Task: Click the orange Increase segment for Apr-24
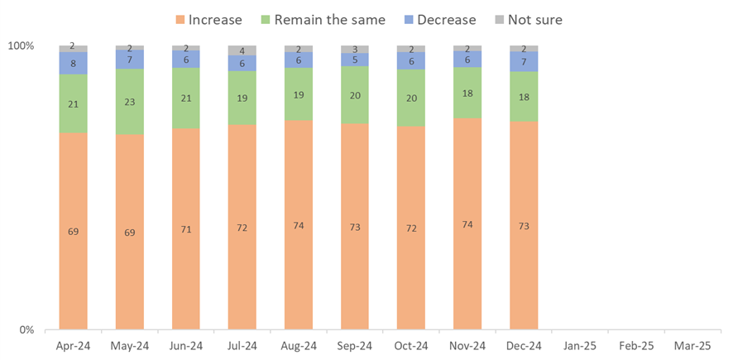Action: coord(73,231)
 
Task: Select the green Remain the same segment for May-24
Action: coord(129,102)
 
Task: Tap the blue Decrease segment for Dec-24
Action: coord(524,62)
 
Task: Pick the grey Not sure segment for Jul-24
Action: coord(242,50)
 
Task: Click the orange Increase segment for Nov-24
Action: coord(467,224)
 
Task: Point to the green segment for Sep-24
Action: coord(355,94)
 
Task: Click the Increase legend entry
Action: coord(209,19)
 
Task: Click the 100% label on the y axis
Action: coord(21,46)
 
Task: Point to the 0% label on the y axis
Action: coord(26,330)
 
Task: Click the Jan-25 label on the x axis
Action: coord(580,346)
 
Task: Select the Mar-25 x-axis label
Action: coord(692,346)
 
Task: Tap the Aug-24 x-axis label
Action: coord(299,346)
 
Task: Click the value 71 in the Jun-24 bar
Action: coord(185,229)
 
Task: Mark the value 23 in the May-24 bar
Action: coord(129,102)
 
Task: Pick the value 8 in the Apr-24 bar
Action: coord(73,63)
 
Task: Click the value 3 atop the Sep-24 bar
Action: coord(355,50)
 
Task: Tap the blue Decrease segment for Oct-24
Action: coord(411,61)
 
